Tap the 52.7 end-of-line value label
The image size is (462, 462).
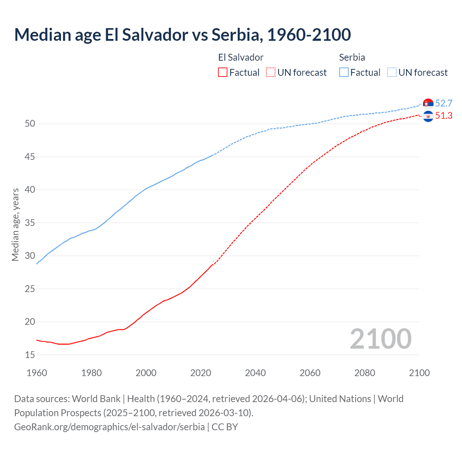tap(444, 103)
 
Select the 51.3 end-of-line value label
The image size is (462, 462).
tap(444, 115)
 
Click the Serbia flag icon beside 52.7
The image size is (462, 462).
tap(428, 104)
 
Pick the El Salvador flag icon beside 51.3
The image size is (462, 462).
tap(428, 117)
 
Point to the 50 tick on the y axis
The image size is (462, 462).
tap(30, 123)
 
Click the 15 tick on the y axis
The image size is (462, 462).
tap(30, 355)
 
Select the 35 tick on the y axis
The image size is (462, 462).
tap(30, 223)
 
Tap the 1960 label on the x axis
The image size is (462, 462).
tap(37, 373)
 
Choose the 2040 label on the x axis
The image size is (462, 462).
tap(255, 373)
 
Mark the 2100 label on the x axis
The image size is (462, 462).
tap(419, 373)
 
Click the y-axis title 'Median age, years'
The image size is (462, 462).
tap(15, 224)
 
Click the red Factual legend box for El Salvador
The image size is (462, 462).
tap(223, 73)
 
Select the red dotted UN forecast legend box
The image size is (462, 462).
tap(271, 73)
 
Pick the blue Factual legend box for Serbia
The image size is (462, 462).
tap(344, 73)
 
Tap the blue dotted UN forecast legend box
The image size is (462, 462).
tap(392, 73)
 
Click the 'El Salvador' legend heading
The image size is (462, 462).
tap(241, 57)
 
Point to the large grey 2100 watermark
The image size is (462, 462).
tap(380, 339)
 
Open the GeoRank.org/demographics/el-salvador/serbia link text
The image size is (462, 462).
tap(109, 427)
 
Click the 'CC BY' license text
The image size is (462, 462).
tap(225, 427)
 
